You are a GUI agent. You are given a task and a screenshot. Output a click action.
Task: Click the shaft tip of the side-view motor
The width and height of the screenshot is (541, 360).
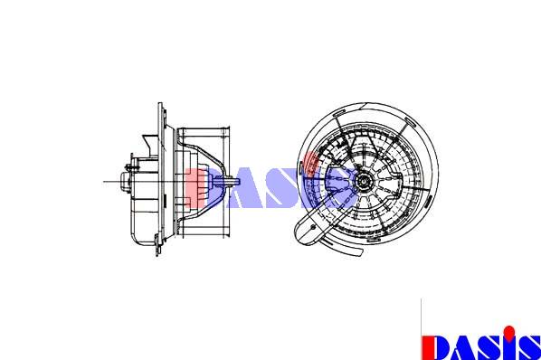(x=238, y=182)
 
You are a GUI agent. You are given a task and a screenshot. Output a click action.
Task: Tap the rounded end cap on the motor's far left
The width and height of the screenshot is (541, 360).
(x=124, y=182)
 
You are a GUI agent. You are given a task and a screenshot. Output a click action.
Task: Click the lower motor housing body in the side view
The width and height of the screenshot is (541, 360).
(x=144, y=221)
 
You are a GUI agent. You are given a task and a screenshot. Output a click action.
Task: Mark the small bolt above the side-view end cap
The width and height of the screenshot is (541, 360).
(x=129, y=167)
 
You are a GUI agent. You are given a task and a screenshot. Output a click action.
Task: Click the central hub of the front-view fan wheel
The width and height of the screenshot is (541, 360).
(x=364, y=180)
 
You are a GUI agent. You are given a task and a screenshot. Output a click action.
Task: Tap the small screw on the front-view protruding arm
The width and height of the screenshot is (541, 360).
(x=313, y=227)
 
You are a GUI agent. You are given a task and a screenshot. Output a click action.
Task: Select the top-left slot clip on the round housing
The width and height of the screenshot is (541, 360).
(x=339, y=112)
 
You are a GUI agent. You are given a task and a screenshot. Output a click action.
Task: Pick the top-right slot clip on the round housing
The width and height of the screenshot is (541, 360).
(x=411, y=122)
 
